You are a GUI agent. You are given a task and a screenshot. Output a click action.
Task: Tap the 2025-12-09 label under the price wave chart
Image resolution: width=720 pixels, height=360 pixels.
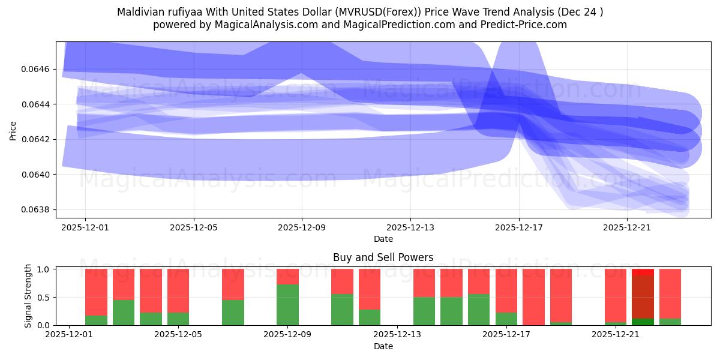pyautogui.click(x=302, y=228)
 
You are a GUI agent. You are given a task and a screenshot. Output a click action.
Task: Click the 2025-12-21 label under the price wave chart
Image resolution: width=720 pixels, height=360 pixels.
pyautogui.click(x=627, y=228)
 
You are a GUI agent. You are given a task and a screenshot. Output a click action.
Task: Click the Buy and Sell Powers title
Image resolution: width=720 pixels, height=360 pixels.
pyautogui.click(x=383, y=258)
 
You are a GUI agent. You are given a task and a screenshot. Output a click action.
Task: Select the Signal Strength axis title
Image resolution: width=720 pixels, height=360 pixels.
pyautogui.click(x=28, y=297)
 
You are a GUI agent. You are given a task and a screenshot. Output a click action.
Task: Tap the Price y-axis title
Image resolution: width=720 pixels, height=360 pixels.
pyautogui.click(x=13, y=131)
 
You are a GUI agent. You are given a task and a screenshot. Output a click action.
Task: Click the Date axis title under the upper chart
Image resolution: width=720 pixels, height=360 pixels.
pyautogui.click(x=383, y=239)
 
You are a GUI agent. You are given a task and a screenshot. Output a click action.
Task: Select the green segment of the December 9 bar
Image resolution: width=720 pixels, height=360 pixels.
pyautogui.click(x=287, y=305)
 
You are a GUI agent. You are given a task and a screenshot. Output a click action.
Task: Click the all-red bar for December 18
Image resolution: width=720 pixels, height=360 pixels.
pyautogui.click(x=533, y=297)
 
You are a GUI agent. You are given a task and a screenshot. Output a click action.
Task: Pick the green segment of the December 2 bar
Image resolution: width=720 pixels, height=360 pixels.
pyautogui.click(x=96, y=320)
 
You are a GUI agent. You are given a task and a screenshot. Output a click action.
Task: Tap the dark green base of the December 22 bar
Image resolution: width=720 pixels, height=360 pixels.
pyautogui.click(x=643, y=322)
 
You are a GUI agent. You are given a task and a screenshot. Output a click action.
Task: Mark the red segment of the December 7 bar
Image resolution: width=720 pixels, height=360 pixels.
pyautogui.click(x=233, y=284)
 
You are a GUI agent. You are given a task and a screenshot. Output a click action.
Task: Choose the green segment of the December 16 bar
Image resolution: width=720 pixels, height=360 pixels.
pyautogui.click(x=479, y=310)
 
